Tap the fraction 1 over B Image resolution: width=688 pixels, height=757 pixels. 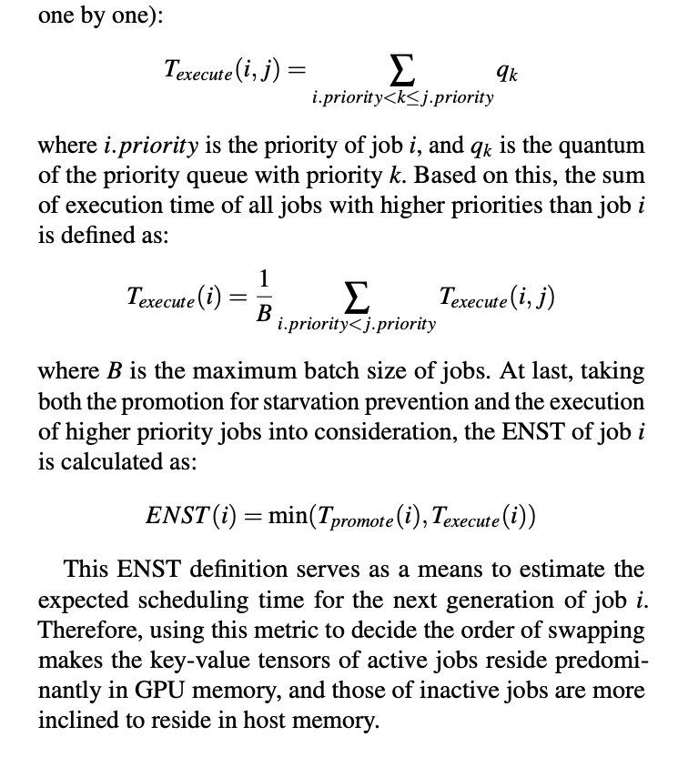coord(264,298)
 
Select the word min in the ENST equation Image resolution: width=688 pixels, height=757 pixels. coord(283,516)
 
